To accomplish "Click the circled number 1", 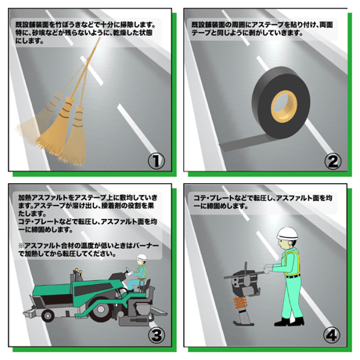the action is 157,160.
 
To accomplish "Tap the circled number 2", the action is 333,161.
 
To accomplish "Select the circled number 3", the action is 157,335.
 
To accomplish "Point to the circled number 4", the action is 332,335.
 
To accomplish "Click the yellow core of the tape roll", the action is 284,106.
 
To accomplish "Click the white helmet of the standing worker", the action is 287,234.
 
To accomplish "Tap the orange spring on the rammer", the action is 240,303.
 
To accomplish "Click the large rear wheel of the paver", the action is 99,311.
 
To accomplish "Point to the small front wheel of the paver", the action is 48,315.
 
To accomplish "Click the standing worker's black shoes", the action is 289,322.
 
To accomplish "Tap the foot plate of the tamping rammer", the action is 243,323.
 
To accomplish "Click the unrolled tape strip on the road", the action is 242,144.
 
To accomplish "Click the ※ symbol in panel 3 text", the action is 21,246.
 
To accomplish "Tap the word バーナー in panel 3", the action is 146,246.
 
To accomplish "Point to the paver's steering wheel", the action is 128,271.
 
